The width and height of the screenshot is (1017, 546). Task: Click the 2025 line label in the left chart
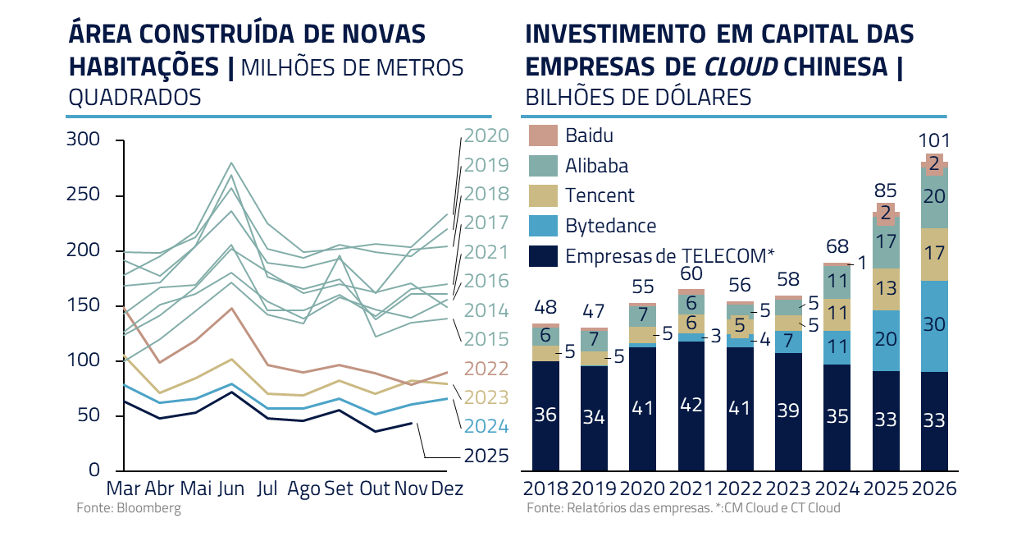pyautogui.click(x=486, y=456)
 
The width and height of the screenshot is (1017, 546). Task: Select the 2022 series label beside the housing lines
pyautogui.click(x=486, y=369)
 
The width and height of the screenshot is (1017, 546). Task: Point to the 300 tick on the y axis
pyautogui.click(x=83, y=140)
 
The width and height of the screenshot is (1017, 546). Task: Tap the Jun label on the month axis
pyautogui.click(x=230, y=489)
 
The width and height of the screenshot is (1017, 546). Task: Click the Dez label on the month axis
pyautogui.click(x=447, y=489)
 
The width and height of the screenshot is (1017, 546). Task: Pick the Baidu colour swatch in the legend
pyautogui.click(x=543, y=135)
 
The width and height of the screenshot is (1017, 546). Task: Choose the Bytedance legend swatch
pyautogui.click(x=543, y=225)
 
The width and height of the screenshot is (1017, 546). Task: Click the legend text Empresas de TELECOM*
pyautogui.click(x=669, y=255)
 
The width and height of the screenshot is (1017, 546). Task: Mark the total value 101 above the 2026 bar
pyautogui.click(x=933, y=140)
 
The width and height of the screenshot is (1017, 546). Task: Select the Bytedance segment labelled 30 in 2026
pyautogui.click(x=934, y=325)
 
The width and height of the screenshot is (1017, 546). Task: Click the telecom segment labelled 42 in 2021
pyautogui.click(x=691, y=406)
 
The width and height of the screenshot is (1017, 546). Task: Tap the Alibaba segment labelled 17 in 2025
pyautogui.click(x=886, y=242)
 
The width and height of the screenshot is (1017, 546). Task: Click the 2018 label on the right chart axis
pyautogui.click(x=545, y=489)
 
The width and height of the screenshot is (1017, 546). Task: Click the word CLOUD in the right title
pyautogui.click(x=743, y=66)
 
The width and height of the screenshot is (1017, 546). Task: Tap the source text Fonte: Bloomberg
pyautogui.click(x=128, y=508)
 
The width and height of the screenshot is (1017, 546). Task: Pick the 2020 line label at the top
pyautogui.click(x=486, y=136)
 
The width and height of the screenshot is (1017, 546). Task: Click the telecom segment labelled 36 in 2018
pyautogui.click(x=545, y=415)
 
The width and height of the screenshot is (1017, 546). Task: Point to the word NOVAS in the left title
pyautogui.click(x=384, y=34)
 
